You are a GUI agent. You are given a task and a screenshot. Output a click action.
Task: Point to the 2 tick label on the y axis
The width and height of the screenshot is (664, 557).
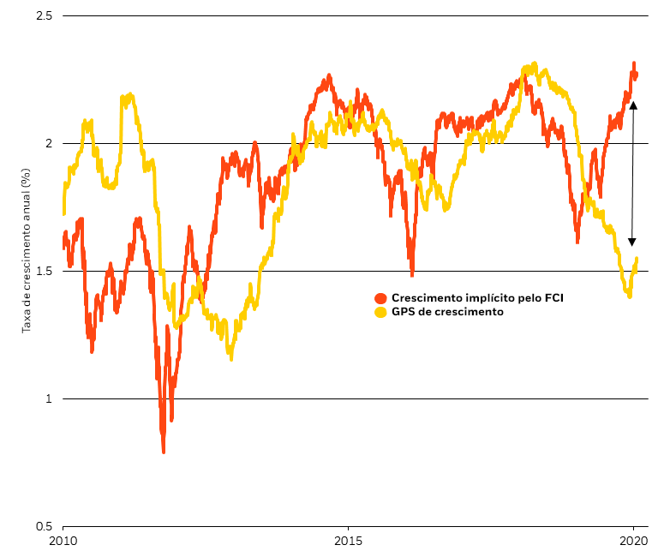(49, 143)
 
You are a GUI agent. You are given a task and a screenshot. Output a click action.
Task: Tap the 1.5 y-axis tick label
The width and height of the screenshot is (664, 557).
(44, 272)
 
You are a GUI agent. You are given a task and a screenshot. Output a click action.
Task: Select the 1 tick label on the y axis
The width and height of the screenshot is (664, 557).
(49, 398)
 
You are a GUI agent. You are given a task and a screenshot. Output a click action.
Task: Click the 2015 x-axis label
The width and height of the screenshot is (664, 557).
(348, 541)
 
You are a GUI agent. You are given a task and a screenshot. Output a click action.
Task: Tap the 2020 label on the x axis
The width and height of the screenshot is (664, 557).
(633, 541)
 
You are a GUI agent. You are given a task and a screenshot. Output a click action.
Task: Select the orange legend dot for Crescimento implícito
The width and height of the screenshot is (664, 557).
(381, 298)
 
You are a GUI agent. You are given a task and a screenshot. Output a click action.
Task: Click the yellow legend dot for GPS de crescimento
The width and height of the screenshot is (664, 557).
(381, 312)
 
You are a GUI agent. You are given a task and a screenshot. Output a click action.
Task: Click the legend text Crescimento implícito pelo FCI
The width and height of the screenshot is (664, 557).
(477, 298)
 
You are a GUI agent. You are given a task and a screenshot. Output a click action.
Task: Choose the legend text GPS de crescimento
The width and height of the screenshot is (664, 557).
(447, 312)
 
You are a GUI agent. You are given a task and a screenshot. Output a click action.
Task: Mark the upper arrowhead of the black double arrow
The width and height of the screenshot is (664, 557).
(632, 105)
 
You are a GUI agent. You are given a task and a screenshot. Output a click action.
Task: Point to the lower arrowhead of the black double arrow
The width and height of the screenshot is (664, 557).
(632, 242)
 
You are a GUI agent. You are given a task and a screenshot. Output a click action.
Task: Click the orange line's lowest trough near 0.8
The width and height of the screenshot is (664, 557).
(164, 451)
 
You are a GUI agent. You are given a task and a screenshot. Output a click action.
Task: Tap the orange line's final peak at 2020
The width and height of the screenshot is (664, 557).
(634, 63)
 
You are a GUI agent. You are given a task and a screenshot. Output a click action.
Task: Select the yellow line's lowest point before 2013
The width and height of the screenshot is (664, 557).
(230, 358)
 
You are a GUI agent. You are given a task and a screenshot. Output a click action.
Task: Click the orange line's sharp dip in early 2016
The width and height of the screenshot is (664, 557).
(412, 274)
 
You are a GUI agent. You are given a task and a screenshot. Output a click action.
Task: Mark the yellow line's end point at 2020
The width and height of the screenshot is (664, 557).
(637, 259)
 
